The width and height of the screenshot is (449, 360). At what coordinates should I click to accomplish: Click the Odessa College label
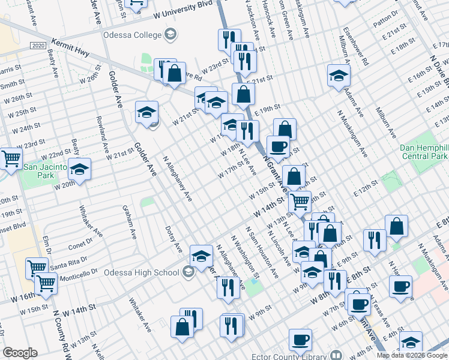[x=133, y=34]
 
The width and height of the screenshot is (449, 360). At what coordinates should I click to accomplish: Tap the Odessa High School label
[x=142, y=272]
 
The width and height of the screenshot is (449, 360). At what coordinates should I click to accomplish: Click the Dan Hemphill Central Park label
[x=424, y=152]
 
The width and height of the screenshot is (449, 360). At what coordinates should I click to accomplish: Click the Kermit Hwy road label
[x=70, y=49]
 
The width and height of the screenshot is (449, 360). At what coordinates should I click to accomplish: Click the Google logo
[x=20, y=353]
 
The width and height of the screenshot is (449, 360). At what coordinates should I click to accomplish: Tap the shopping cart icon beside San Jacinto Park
[x=11, y=158]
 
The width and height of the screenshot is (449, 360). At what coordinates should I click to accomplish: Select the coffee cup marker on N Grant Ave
[x=278, y=146]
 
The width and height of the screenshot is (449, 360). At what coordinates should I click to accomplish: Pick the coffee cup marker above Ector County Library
[x=300, y=340]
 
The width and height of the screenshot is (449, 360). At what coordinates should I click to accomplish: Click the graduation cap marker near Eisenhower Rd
[x=339, y=75]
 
